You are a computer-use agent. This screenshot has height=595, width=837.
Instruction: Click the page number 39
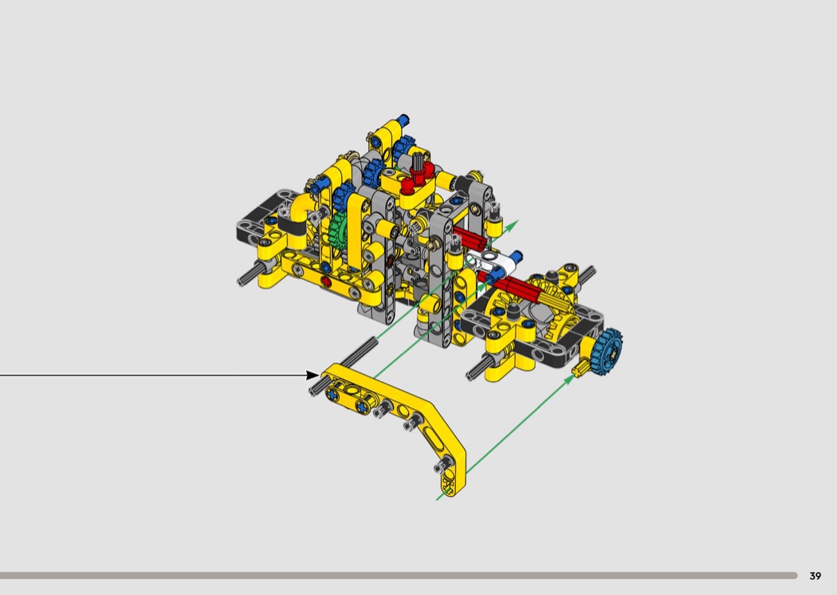(815, 576)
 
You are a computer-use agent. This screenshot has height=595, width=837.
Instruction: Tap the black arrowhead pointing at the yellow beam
(312, 375)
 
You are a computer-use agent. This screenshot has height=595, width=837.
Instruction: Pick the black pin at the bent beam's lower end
(442, 466)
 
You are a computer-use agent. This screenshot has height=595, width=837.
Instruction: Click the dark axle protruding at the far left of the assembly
(249, 274)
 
